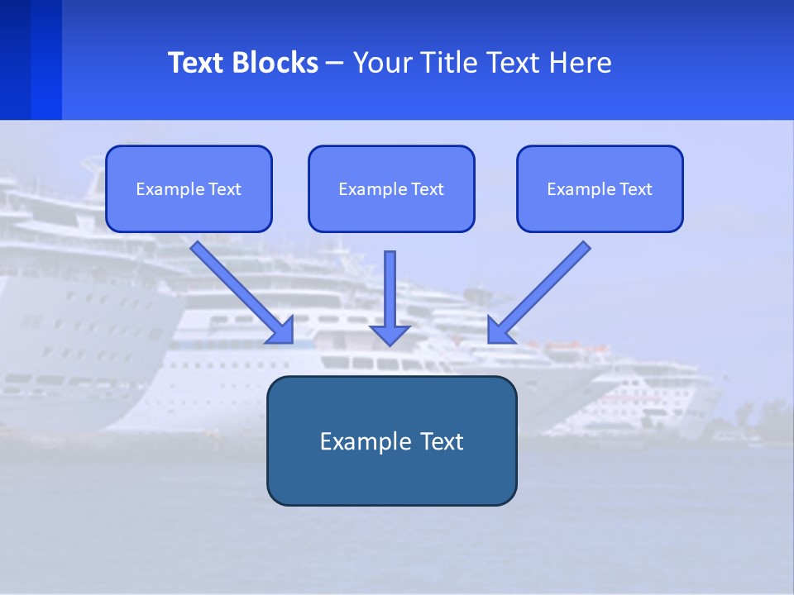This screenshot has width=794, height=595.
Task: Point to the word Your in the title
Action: click(383, 63)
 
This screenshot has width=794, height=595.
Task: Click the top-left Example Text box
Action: click(189, 188)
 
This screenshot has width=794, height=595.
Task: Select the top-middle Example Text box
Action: click(391, 188)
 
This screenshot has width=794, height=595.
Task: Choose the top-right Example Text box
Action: click(600, 188)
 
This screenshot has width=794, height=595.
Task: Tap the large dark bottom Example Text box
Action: click(391, 440)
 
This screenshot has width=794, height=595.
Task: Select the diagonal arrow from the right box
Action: click(542, 289)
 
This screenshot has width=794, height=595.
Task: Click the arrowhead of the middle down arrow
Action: click(390, 334)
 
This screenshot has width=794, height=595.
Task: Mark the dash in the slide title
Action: click(335, 63)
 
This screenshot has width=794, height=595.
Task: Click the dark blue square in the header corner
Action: click(15, 59)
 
